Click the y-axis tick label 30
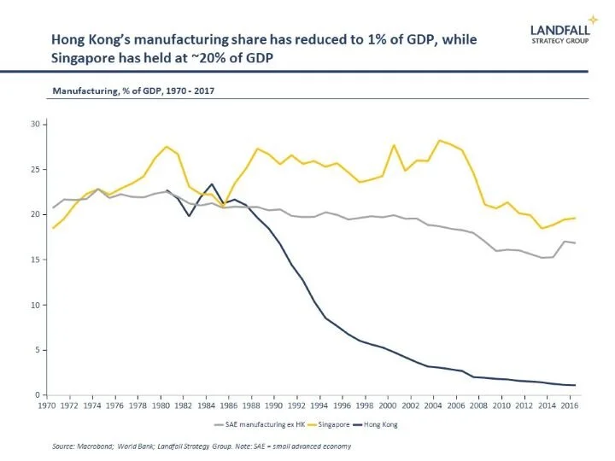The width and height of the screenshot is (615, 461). click(36, 124)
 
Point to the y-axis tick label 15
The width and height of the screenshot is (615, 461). click(36, 260)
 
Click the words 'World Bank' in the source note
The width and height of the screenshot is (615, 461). click(126, 446)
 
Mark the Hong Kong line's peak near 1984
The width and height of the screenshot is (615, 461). click(212, 184)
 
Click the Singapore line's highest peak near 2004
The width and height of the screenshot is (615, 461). click(440, 140)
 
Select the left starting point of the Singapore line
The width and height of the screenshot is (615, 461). click(53, 228)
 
